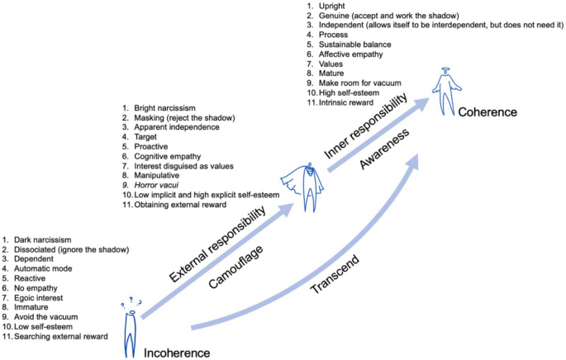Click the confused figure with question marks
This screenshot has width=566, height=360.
pyautogui.click(x=130, y=326)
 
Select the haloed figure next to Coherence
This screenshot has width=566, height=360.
pyautogui.click(x=445, y=91)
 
